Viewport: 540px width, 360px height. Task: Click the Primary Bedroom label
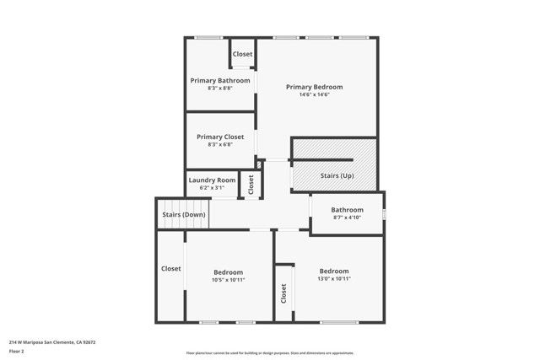[x=314, y=87]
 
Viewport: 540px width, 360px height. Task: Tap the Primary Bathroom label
[x=220, y=81]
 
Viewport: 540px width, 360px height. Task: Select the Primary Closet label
[x=220, y=137]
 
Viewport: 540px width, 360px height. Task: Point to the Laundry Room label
[x=212, y=180]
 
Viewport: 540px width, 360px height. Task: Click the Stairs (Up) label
[x=337, y=175]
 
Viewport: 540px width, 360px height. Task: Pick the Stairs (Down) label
[x=183, y=214]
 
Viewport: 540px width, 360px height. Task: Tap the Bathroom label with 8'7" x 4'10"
[x=347, y=210]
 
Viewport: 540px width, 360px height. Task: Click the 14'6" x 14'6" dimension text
[x=314, y=94]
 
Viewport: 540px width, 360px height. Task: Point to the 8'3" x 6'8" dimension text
[x=220, y=144]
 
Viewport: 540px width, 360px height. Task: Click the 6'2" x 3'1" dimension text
[x=212, y=187]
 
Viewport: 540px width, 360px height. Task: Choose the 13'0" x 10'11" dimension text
[x=333, y=278]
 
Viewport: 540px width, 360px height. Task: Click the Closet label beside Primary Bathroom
[x=242, y=55]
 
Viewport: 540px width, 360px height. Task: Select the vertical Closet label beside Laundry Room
[x=251, y=184]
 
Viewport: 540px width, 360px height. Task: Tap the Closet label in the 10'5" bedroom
[x=171, y=268]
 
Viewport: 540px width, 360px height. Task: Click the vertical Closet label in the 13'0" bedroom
[x=283, y=293]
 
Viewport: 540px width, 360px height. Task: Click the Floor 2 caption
[x=17, y=351]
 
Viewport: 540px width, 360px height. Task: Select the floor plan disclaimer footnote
[x=269, y=353]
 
